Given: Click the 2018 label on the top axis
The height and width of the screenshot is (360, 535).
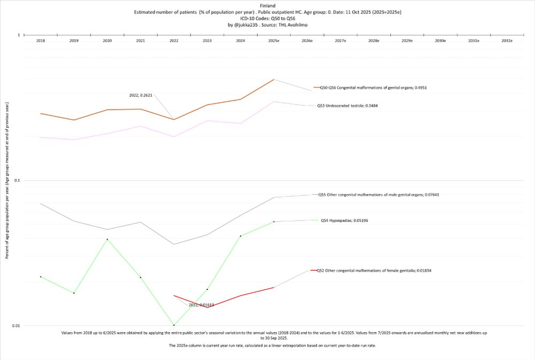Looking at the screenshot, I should tap(41, 41).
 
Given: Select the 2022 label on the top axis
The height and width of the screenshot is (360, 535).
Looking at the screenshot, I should tap(174, 41).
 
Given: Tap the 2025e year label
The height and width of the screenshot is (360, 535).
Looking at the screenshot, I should tap(274, 41).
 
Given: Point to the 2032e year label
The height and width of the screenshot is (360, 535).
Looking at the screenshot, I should tap(507, 41).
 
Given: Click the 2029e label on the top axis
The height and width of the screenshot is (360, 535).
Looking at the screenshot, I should tap(407, 41).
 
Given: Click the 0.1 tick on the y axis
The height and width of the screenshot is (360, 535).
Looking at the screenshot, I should tap(17, 180).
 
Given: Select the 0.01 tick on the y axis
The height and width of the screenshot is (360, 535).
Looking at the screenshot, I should tap(16, 325).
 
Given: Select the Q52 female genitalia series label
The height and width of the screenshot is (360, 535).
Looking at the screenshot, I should tap(374, 271).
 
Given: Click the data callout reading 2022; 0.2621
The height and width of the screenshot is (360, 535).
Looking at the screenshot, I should tap(141, 95).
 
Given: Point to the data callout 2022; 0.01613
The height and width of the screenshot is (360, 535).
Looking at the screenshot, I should tap(201, 305).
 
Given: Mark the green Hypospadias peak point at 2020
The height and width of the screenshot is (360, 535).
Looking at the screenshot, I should tap(107, 239).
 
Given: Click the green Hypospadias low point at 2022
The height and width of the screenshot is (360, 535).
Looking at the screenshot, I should tap(174, 325).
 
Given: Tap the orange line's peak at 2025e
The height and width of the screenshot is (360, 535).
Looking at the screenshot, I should tap(274, 80).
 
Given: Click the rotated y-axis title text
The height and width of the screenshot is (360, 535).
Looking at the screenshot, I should tap(7, 181).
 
